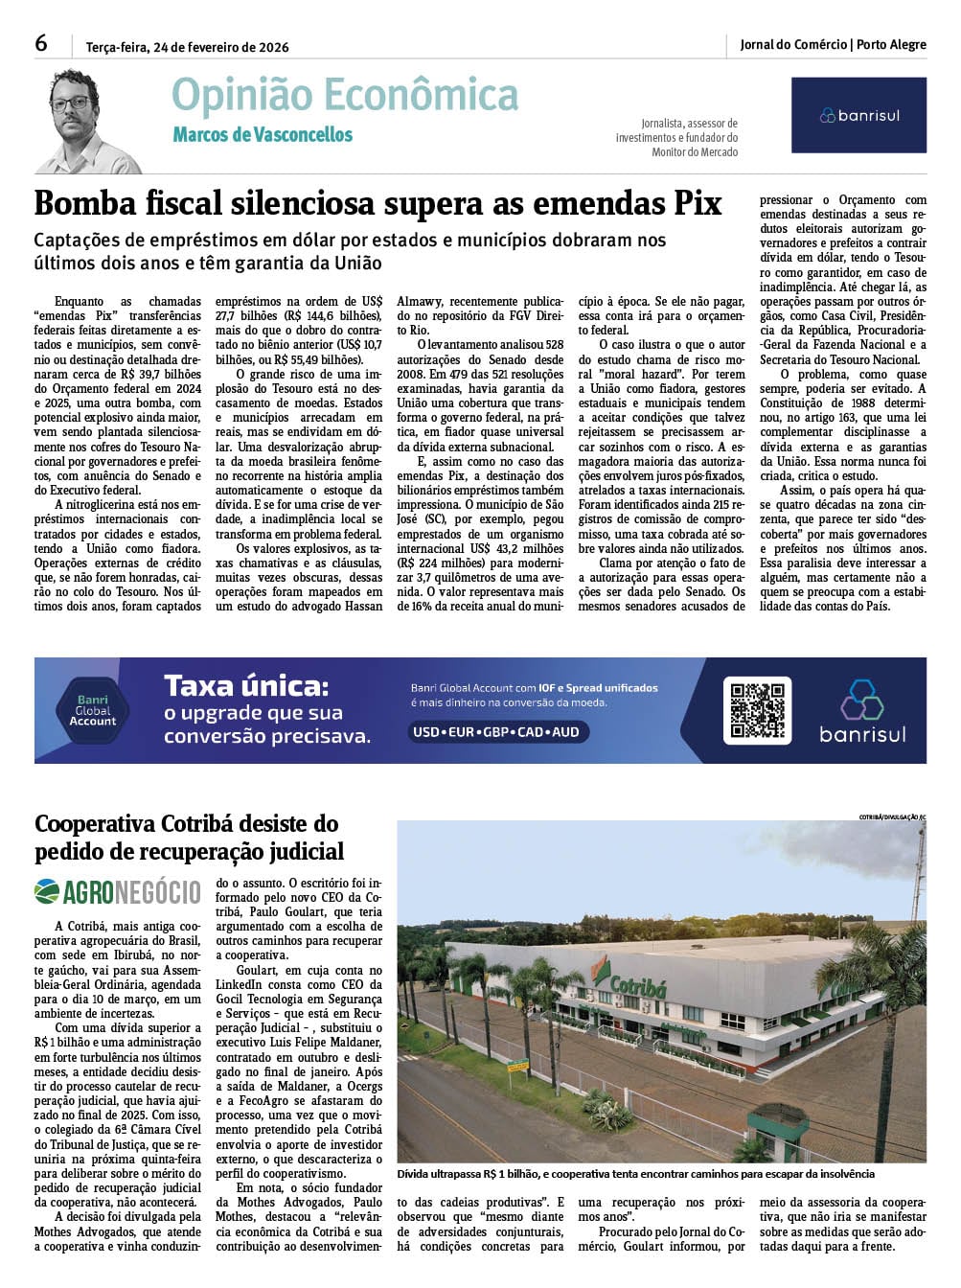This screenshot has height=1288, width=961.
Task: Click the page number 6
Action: point(41,43)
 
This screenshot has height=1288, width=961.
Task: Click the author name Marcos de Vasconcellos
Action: point(263,135)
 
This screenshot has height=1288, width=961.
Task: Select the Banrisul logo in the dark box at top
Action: point(858,115)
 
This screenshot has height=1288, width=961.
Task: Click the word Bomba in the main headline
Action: point(88,204)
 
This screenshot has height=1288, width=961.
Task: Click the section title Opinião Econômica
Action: point(345,96)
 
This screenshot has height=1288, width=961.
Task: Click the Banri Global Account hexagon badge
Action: point(93,710)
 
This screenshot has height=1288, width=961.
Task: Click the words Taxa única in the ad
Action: point(246,686)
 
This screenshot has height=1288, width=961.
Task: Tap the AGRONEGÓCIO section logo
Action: point(118,892)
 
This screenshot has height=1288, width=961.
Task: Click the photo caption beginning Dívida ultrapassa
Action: point(635,1174)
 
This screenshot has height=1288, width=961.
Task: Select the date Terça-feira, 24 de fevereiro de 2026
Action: point(187,47)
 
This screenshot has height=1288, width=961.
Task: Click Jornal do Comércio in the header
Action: point(793,44)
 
